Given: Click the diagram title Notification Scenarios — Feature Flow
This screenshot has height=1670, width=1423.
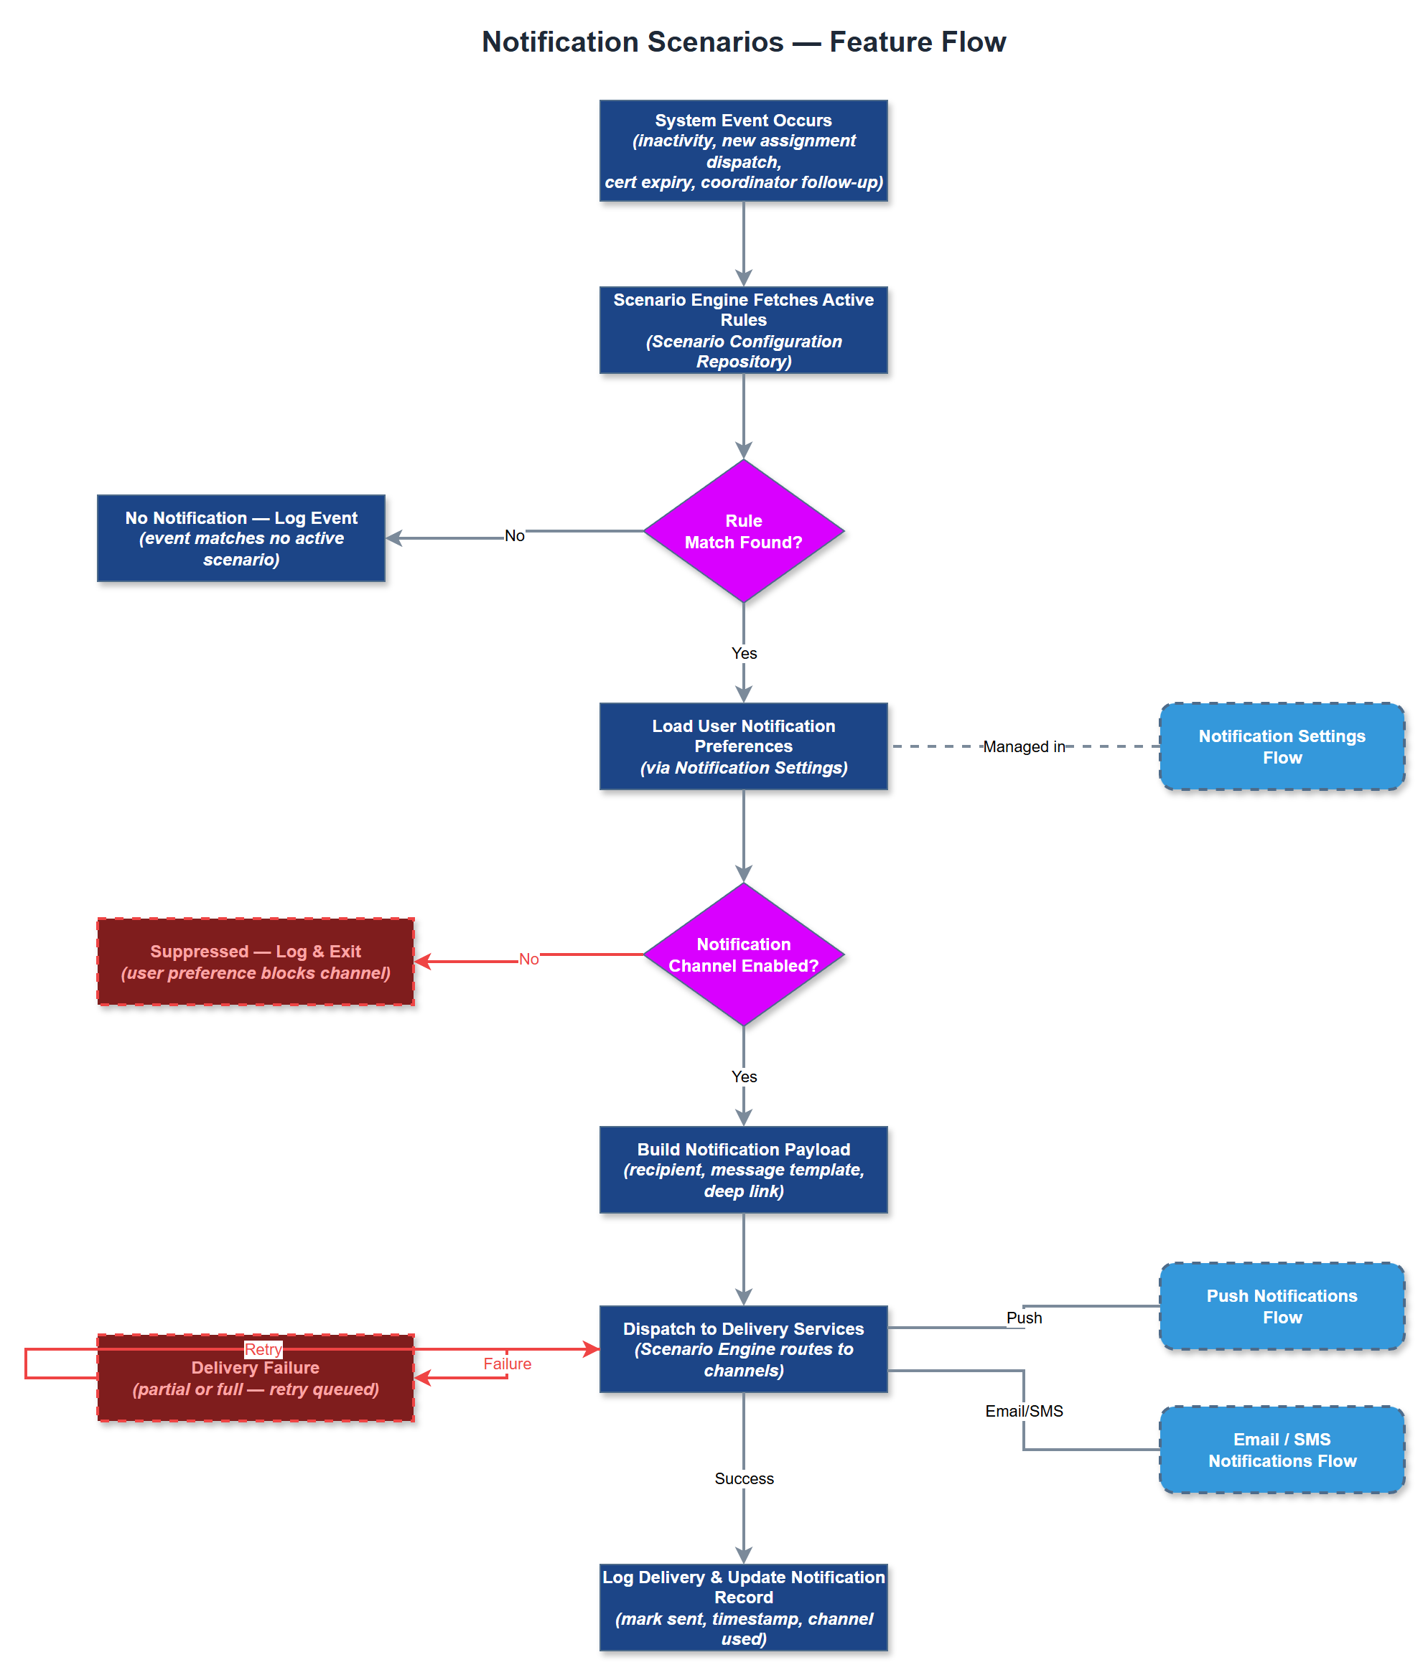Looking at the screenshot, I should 742,42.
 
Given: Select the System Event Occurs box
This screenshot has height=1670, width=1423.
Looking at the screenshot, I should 742,151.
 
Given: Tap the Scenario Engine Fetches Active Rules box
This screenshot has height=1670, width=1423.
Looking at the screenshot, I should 742,329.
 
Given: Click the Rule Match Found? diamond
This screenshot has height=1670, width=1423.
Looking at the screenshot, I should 742,531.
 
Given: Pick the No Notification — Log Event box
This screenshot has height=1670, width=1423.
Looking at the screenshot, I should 241,538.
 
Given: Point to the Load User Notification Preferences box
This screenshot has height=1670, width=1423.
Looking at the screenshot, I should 742,746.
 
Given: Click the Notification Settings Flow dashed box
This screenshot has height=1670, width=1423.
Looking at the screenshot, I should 1281,746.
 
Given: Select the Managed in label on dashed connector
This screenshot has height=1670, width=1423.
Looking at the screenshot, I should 1023,746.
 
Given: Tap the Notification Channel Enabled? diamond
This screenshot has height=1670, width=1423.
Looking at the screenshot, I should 742,954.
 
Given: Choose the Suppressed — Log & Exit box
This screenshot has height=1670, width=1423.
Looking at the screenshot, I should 256,961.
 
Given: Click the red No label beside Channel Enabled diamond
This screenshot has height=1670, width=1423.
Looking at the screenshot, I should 528,958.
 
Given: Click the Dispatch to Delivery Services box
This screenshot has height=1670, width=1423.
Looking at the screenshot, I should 742,1348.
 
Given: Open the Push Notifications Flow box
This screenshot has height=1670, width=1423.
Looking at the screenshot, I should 1281,1305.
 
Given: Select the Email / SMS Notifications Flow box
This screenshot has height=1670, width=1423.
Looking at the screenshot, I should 1281,1449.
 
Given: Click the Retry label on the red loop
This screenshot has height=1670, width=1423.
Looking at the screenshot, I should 263,1348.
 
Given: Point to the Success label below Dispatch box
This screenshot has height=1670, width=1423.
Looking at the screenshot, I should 743,1478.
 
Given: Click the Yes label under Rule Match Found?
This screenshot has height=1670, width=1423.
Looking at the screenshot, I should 743,653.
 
